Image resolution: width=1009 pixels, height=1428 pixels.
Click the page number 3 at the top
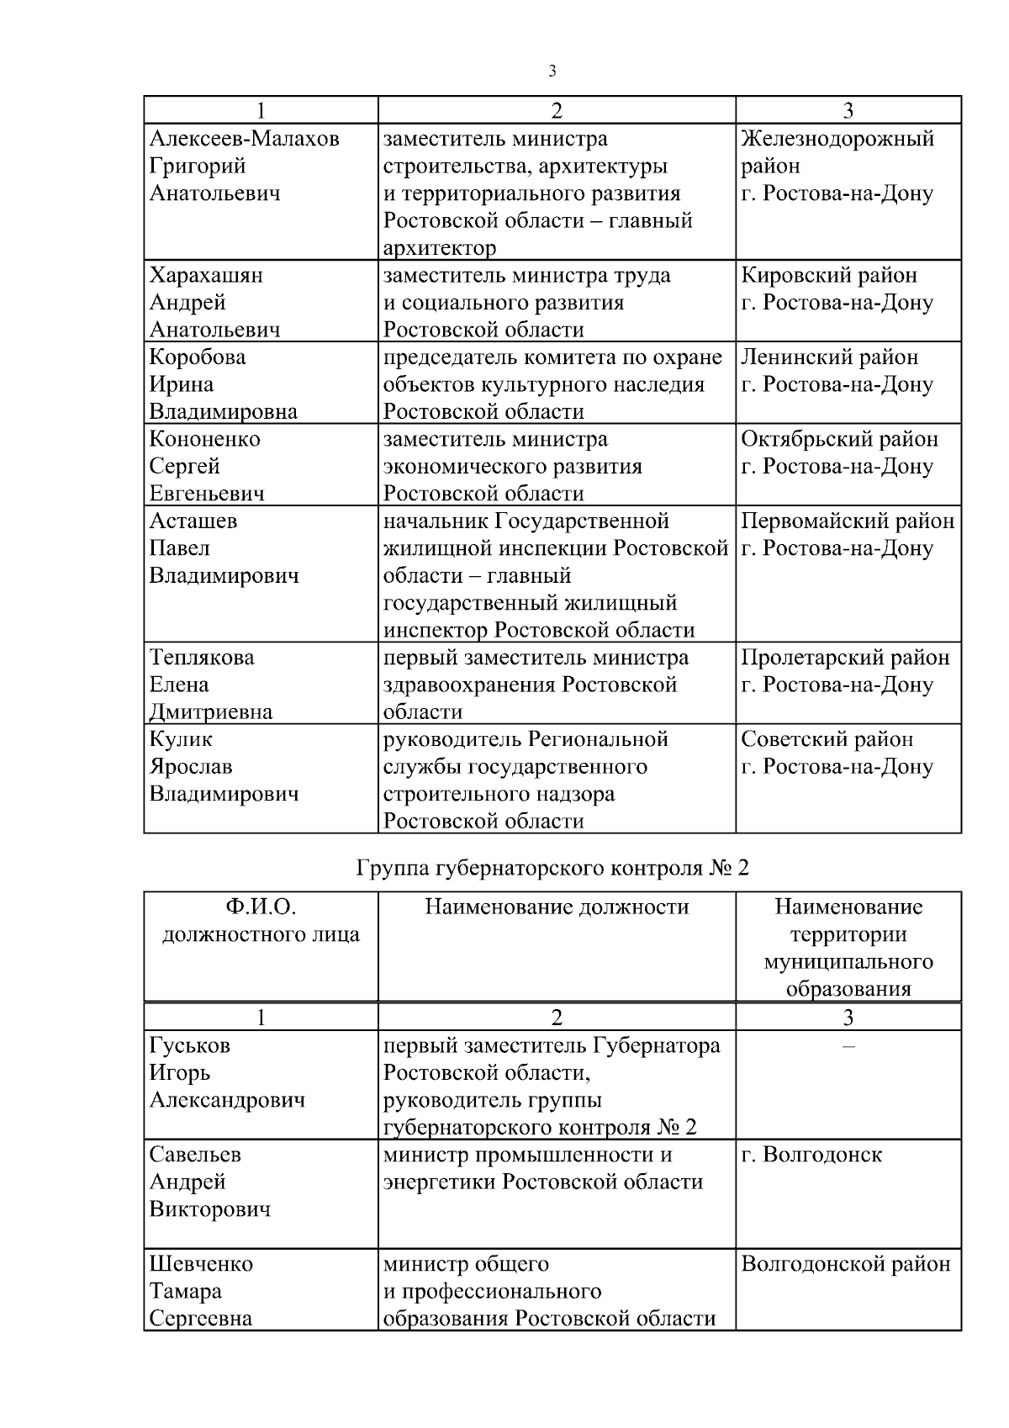click(x=552, y=71)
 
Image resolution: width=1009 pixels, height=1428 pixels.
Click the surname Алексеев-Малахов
click(x=244, y=139)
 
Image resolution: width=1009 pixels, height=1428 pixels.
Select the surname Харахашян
click(x=206, y=276)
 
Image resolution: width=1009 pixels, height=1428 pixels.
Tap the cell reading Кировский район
click(x=829, y=276)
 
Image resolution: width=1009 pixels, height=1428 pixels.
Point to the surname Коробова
click(x=198, y=357)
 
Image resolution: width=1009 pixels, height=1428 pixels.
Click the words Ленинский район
click(x=829, y=357)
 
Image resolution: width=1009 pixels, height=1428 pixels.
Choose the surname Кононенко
click(x=204, y=439)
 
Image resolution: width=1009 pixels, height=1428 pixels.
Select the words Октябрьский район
click(x=839, y=439)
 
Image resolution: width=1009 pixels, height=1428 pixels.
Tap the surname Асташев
click(x=193, y=521)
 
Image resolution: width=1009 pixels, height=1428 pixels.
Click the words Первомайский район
click(x=848, y=521)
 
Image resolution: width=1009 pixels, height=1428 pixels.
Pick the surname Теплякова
click(x=202, y=658)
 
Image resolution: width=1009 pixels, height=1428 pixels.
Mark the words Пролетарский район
click(x=845, y=658)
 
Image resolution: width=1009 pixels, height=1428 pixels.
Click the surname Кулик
click(x=181, y=740)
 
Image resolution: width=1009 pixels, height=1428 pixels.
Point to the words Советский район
click(x=827, y=740)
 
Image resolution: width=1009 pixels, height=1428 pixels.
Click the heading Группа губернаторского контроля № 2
click(x=552, y=868)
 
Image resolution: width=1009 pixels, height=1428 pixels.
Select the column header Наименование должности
click(x=557, y=907)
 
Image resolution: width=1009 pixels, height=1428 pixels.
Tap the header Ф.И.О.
click(x=261, y=907)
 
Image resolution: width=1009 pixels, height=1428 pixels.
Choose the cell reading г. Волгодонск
click(x=811, y=1155)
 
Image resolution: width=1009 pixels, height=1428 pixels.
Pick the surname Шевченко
click(x=201, y=1264)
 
